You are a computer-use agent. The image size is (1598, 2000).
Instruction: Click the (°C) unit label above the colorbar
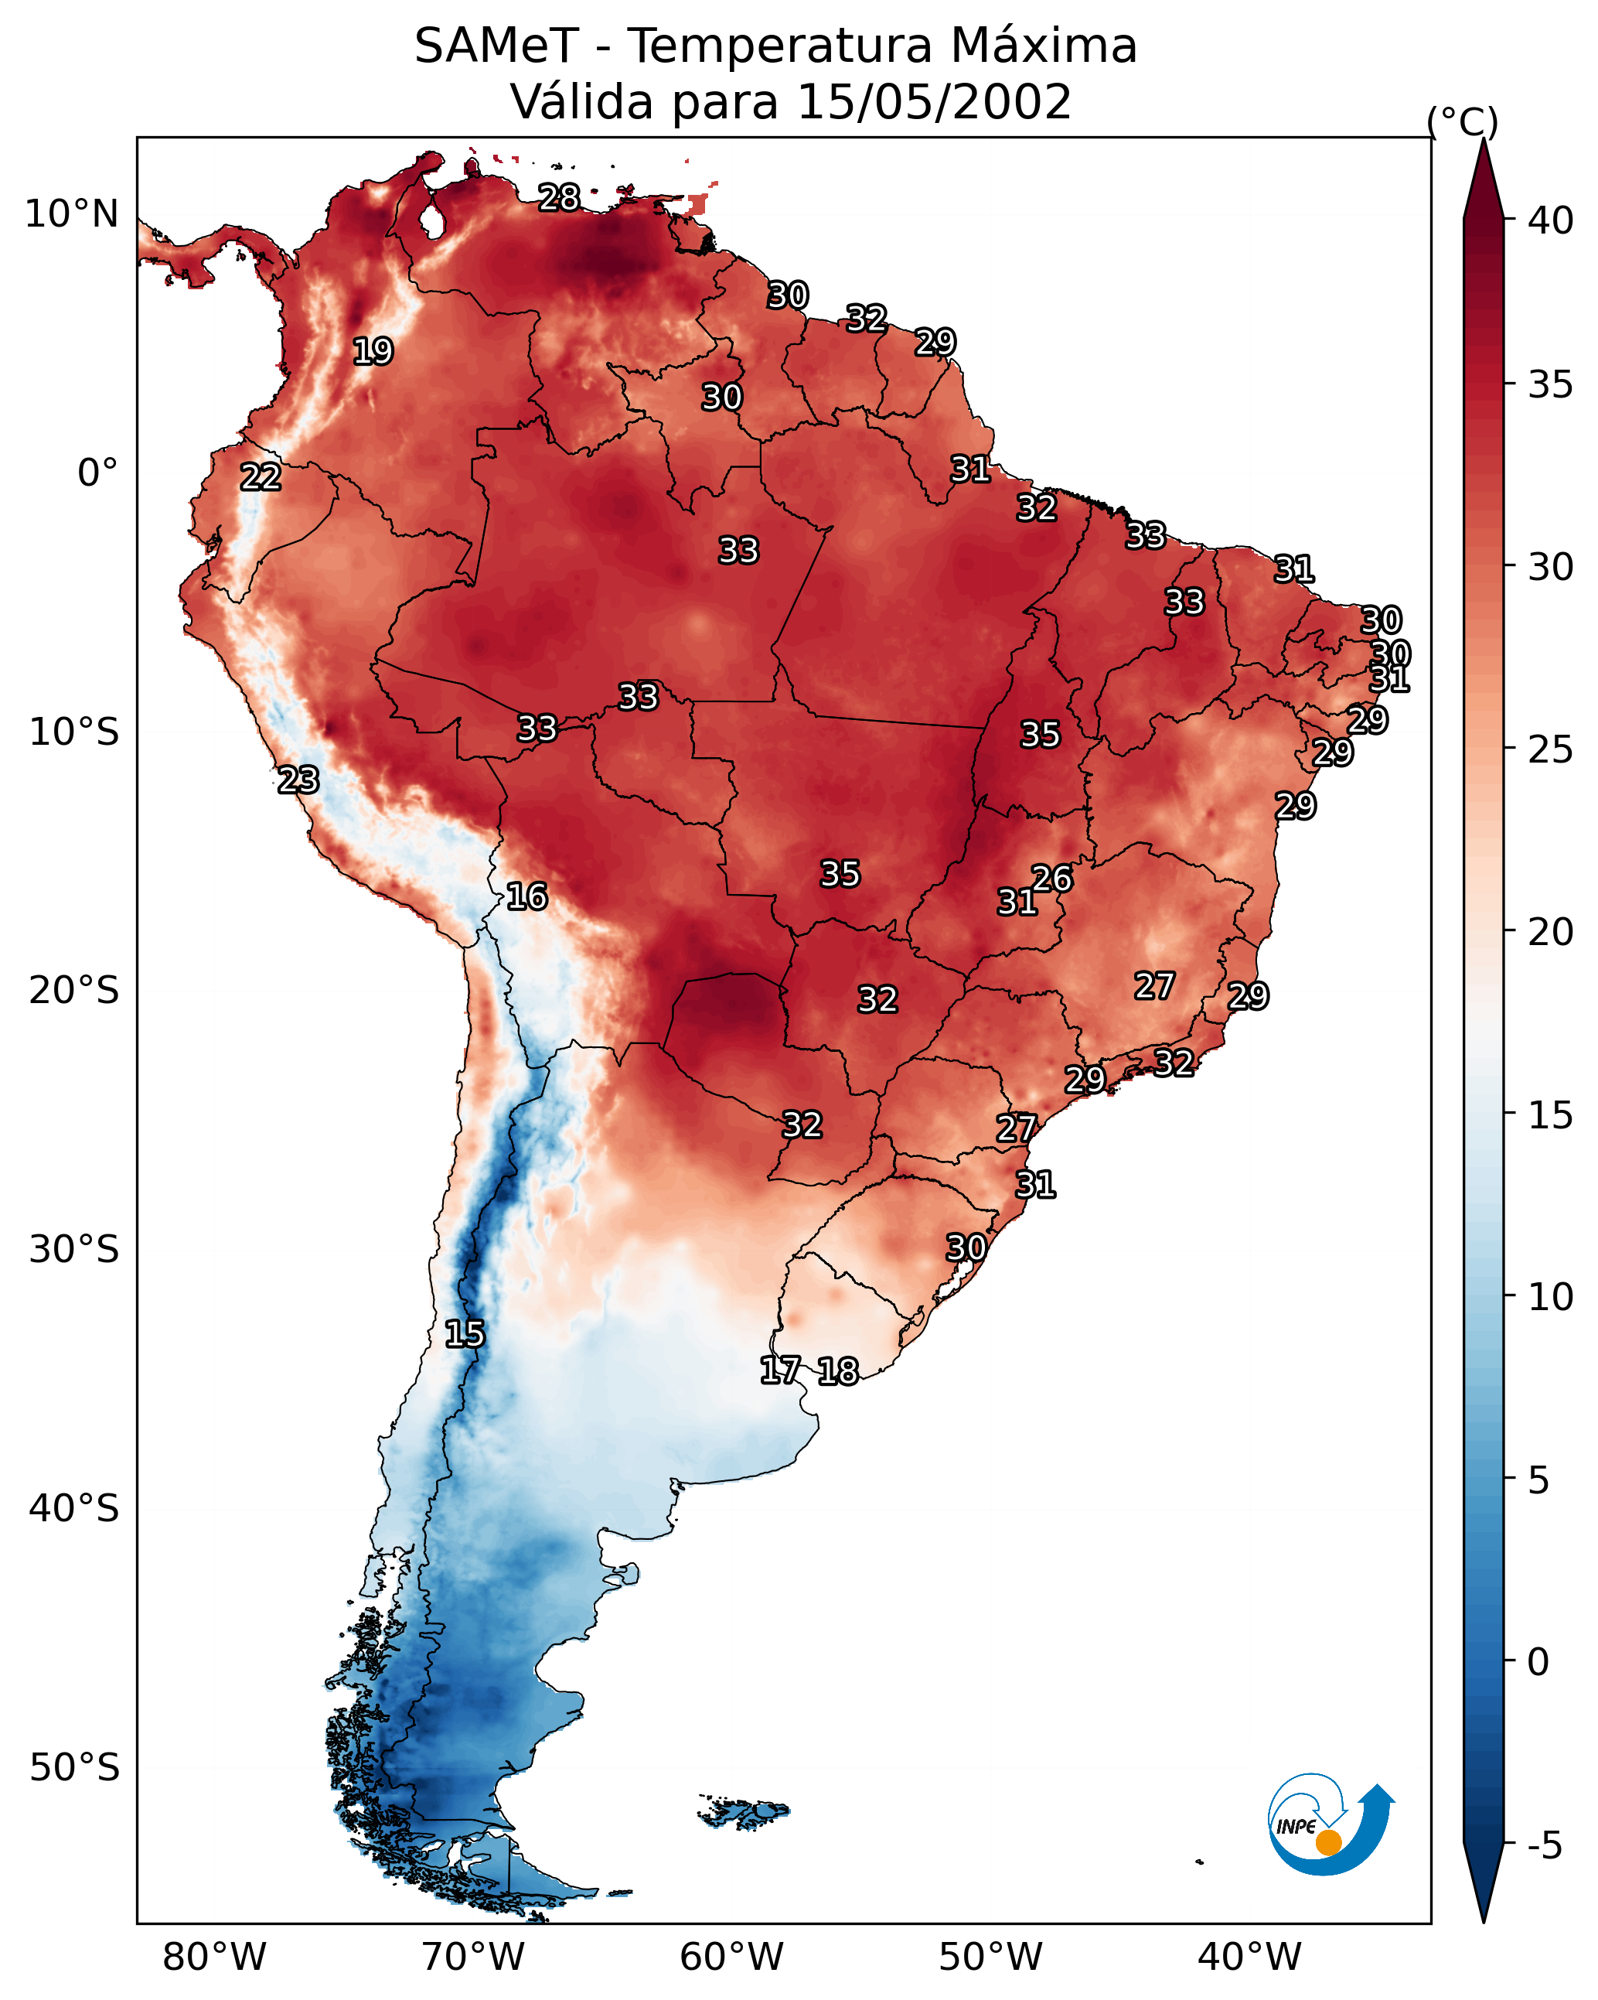tap(1463, 121)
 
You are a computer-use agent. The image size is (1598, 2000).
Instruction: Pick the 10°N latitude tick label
tap(71, 214)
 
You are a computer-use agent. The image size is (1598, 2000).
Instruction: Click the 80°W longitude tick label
tap(214, 1957)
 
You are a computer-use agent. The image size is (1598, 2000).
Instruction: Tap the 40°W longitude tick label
tap(1249, 1957)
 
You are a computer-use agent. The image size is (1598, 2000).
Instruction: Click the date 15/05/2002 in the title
tap(934, 102)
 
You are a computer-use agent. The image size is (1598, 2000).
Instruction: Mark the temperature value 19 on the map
tap(373, 352)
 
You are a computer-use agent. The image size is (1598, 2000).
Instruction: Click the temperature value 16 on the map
tap(526, 897)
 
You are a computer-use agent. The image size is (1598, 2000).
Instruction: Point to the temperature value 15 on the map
tap(465, 1334)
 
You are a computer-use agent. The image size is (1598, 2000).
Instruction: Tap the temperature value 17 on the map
tap(780, 1370)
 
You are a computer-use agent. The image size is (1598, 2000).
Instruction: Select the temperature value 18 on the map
tap(838, 1371)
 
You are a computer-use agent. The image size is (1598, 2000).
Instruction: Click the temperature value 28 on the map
tap(559, 197)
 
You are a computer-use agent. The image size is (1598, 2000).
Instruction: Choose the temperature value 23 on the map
tap(298, 780)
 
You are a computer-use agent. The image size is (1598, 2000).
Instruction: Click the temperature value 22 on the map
tap(261, 478)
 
